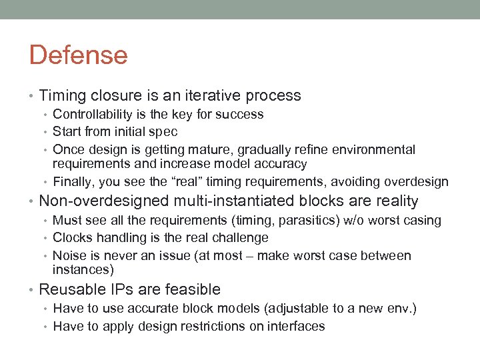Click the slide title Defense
coord(78,55)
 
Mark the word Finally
coord(72,181)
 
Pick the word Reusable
coord(71,289)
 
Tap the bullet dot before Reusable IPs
coord(33,290)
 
